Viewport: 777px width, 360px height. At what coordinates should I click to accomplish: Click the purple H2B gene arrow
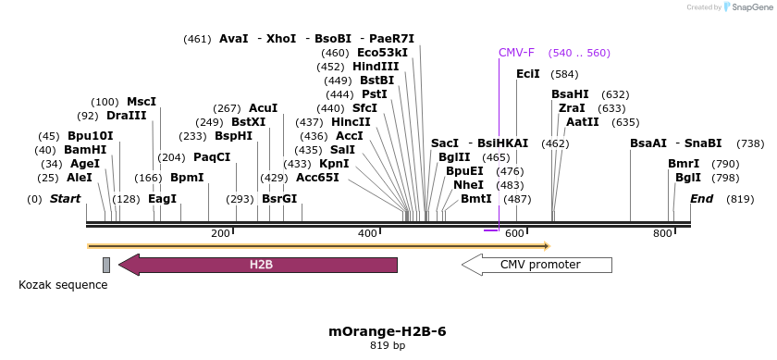click(x=259, y=265)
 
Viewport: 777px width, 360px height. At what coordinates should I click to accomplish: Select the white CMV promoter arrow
click(x=537, y=265)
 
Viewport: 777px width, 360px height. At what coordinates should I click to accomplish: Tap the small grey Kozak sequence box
click(x=106, y=265)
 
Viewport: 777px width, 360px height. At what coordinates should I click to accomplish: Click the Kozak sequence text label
click(x=63, y=285)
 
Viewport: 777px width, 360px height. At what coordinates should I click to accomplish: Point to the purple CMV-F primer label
click(x=516, y=53)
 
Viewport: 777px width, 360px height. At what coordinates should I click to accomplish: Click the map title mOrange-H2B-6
click(x=388, y=331)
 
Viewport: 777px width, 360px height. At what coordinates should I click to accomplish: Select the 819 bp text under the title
click(x=388, y=345)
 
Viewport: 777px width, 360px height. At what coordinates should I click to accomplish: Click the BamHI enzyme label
click(x=85, y=150)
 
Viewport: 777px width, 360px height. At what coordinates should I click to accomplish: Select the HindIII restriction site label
click(x=376, y=67)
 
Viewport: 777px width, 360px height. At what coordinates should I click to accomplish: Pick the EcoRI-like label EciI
click(x=528, y=74)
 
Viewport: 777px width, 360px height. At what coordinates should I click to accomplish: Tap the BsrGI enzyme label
click(x=279, y=199)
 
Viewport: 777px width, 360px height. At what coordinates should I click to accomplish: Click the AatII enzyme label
click(x=583, y=122)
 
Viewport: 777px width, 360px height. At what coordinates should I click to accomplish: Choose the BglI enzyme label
click(x=687, y=178)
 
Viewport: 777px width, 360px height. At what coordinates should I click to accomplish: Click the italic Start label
click(x=65, y=199)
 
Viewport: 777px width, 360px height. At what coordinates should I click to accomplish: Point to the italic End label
click(x=701, y=199)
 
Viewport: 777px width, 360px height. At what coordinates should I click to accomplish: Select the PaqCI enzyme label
click(x=212, y=157)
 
